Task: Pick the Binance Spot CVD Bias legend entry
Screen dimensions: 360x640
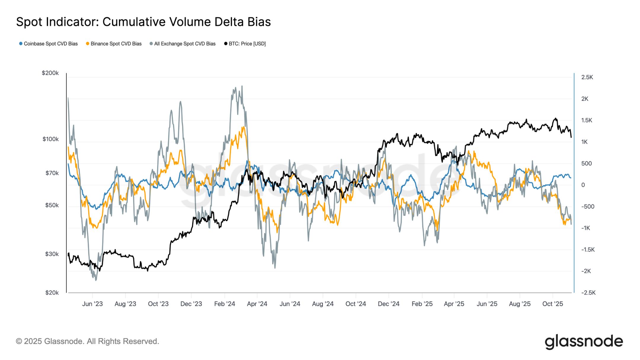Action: (114, 44)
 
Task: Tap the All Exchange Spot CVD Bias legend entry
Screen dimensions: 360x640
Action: (183, 44)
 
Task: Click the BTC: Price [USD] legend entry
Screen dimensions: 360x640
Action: (245, 44)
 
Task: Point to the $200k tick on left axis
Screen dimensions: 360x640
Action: (50, 73)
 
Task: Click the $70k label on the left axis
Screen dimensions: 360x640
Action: (52, 173)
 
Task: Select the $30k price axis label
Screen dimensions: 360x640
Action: (52, 254)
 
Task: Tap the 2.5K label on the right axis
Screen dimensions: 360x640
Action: (587, 77)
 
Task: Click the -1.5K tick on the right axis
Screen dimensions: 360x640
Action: (588, 250)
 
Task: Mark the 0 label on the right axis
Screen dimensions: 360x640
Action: (583, 185)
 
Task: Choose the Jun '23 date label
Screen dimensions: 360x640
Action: (92, 304)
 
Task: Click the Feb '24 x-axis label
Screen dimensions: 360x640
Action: (225, 304)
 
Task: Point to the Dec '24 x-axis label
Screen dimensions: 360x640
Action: (388, 304)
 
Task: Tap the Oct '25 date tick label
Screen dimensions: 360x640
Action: (553, 304)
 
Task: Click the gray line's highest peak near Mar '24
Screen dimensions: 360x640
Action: (242, 86)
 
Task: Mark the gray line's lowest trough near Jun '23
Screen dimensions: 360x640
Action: (95, 280)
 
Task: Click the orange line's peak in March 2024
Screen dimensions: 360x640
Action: (243, 127)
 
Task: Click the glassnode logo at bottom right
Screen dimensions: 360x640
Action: (584, 342)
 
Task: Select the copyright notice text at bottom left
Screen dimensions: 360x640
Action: (87, 341)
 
